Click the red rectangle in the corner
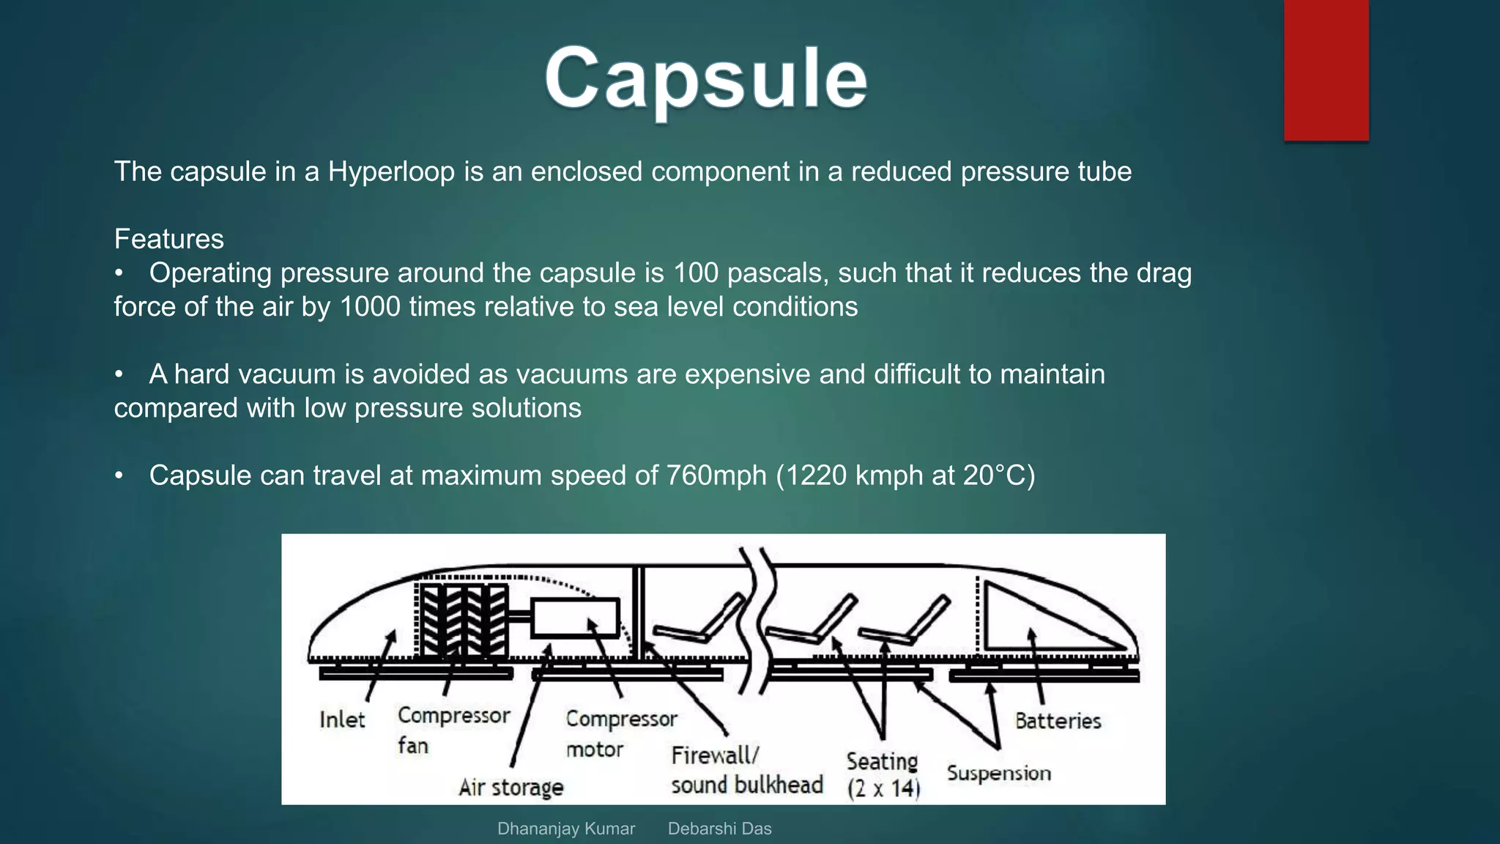tap(1326, 70)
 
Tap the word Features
tap(168, 239)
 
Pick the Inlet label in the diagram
tap(342, 719)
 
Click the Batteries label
tap(1058, 721)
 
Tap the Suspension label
tap(998, 773)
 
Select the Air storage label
tap(511, 788)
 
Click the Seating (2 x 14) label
tap(883, 774)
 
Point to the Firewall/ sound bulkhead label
tap(746, 770)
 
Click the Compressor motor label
tap(621, 733)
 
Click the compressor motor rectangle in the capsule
tap(576, 618)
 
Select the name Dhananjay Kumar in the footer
tap(565, 829)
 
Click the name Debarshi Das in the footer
tap(719, 829)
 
